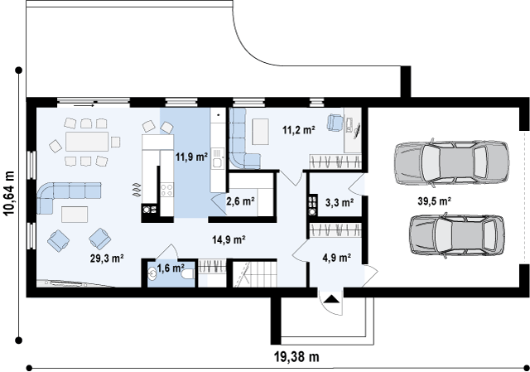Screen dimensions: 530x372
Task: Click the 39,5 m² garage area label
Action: [x=434, y=201]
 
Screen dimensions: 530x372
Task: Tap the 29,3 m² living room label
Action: [x=107, y=258]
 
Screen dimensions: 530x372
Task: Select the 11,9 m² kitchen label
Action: [x=191, y=157]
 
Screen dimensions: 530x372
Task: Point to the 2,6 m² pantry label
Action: [x=240, y=201]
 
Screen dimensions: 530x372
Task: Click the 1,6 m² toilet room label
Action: [x=171, y=268]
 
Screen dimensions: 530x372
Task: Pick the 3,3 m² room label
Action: [x=340, y=203]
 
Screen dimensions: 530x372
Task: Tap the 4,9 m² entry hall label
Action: [x=337, y=258]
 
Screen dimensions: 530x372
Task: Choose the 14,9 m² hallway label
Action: [x=229, y=239]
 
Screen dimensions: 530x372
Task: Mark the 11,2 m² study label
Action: [x=299, y=129]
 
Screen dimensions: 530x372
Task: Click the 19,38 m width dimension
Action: [x=296, y=356]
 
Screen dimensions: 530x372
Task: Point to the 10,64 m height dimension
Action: [x=9, y=193]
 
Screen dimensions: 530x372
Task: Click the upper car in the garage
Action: [x=451, y=162]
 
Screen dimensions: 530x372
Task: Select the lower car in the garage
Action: [x=456, y=234]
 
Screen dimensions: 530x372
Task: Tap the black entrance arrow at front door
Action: [x=331, y=299]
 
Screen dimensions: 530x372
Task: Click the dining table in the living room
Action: [x=87, y=142]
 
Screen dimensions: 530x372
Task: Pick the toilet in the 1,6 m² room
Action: [x=187, y=273]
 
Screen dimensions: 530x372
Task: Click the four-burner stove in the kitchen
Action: [x=166, y=190]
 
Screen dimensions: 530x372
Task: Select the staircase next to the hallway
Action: [x=255, y=273]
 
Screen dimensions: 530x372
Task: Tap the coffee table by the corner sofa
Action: [x=75, y=214]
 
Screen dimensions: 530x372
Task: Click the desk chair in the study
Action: [x=335, y=123]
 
